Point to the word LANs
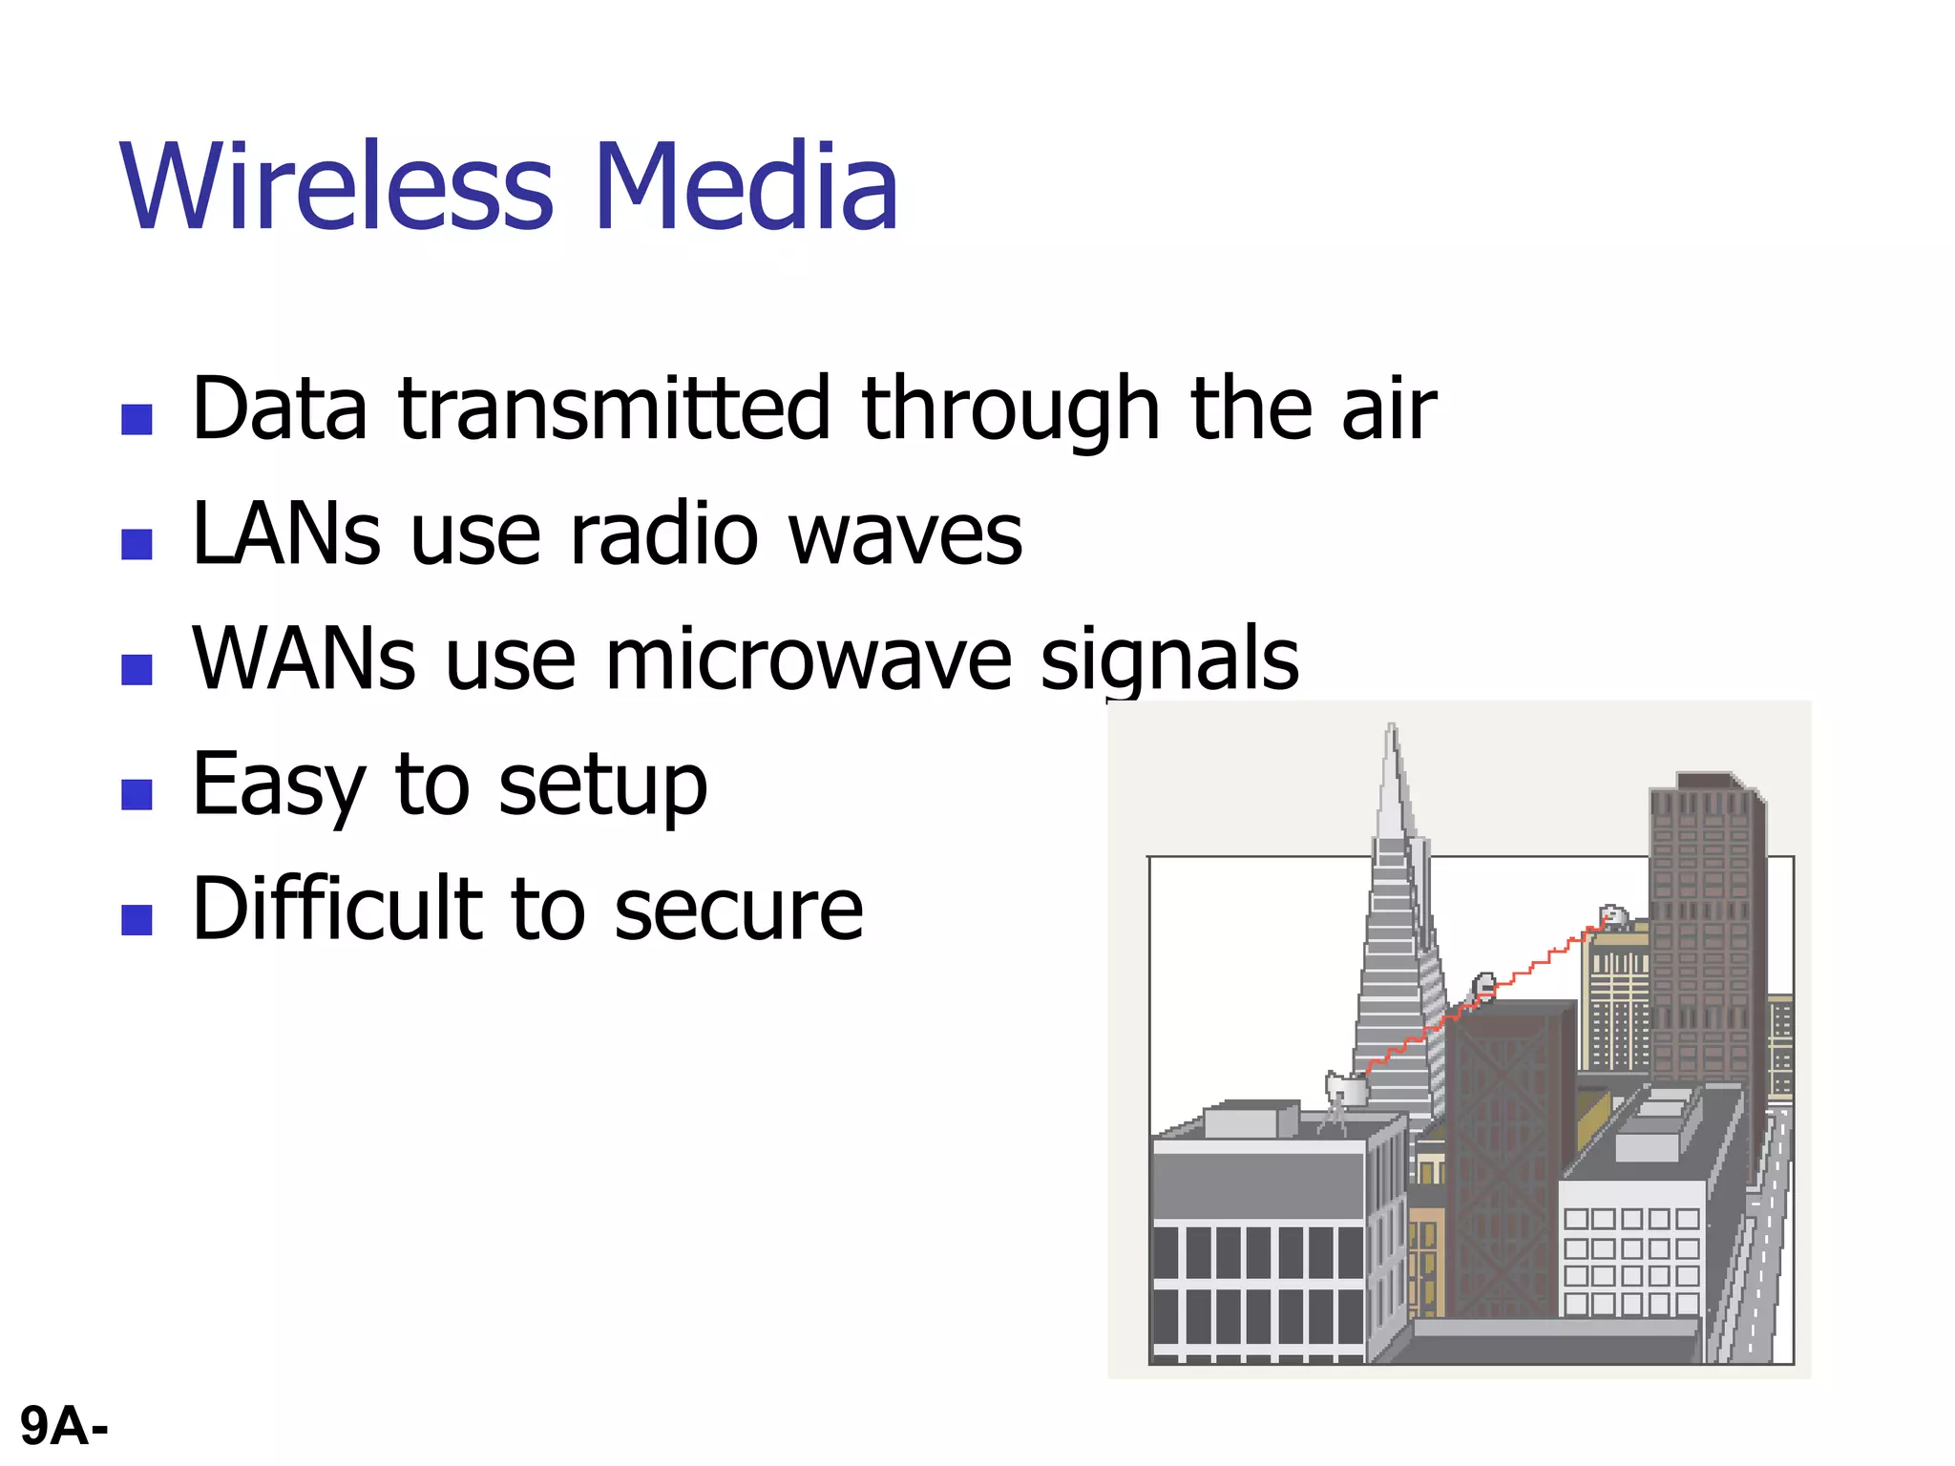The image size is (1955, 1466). coord(286,534)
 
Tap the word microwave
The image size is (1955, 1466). coord(808,659)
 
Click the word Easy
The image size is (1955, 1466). coord(277,785)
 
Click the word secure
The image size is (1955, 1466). coord(739,911)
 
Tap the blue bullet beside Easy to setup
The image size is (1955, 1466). coord(137,794)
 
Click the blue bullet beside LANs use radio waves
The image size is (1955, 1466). coord(137,544)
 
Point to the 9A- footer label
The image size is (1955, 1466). coord(64,1427)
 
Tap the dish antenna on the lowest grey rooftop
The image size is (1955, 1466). coord(1344,1088)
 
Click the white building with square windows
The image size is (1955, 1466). coord(1631,1250)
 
